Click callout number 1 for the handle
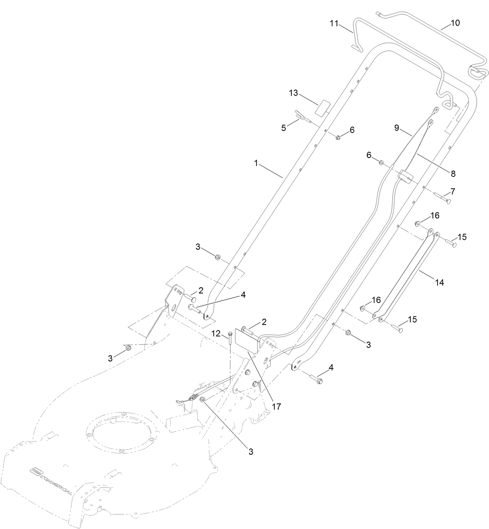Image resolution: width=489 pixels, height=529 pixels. [x=256, y=164]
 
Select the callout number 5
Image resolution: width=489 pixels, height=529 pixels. [x=284, y=127]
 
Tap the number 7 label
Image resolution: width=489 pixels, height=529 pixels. [x=452, y=192]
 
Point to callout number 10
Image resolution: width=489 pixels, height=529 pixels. [x=455, y=23]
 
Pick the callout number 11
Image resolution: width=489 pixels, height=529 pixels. [x=334, y=23]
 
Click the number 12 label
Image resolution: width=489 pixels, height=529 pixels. [x=216, y=333]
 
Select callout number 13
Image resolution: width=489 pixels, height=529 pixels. [x=293, y=93]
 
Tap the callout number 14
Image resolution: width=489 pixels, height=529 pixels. [x=439, y=283]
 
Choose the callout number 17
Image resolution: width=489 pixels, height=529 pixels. [x=276, y=407]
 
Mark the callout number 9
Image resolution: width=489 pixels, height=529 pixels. [x=397, y=127]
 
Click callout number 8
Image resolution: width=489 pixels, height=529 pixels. [x=453, y=174]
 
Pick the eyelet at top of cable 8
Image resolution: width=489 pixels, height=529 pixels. [x=430, y=124]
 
